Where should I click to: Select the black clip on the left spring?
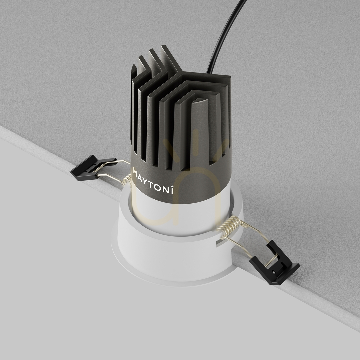coord(93,167)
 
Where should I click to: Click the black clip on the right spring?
coord(274,262)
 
